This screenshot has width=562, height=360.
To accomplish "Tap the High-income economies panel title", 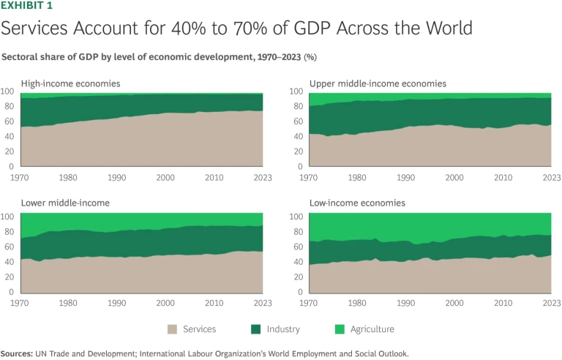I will click(x=71, y=83).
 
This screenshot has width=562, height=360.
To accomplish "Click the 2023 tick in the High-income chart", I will click(x=262, y=178).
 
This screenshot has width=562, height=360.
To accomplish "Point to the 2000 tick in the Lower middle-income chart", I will click(x=165, y=303).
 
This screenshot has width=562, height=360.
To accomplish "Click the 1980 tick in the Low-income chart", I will click(x=358, y=303).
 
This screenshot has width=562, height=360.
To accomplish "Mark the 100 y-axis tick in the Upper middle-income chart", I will click(x=295, y=91).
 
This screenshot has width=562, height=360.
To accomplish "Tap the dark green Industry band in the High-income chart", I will click(x=110, y=110).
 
